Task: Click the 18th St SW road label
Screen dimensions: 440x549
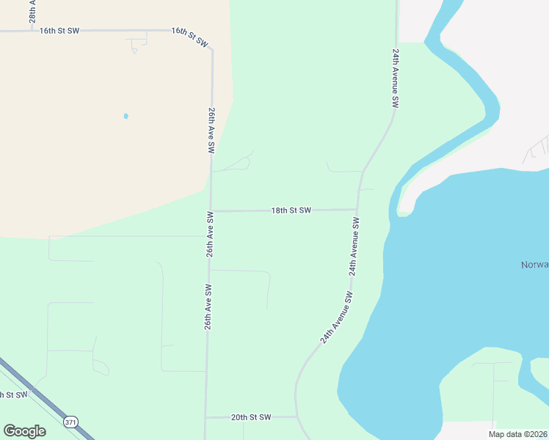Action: (x=291, y=210)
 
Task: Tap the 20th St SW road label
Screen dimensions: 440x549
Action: (x=251, y=417)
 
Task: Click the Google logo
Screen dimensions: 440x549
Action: (x=24, y=431)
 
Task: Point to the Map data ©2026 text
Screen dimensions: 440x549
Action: (x=517, y=434)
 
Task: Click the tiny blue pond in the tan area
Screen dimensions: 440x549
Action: (x=126, y=116)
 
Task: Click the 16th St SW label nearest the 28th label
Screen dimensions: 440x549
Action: (x=59, y=31)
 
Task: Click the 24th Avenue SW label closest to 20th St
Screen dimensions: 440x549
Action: (x=337, y=318)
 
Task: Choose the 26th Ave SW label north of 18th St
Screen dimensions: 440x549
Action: (x=211, y=130)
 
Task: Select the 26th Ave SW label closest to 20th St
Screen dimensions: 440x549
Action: (x=208, y=306)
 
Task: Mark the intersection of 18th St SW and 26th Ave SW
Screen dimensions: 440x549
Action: (x=211, y=211)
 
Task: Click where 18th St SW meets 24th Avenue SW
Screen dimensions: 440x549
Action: (x=358, y=210)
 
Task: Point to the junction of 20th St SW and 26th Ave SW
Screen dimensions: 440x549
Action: (x=206, y=417)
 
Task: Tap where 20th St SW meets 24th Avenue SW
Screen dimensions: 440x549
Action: (x=297, y=417)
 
